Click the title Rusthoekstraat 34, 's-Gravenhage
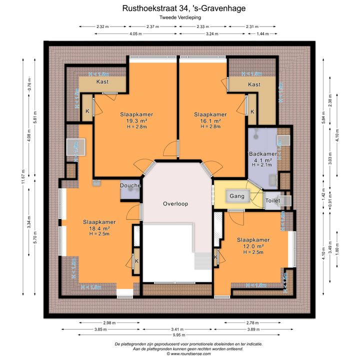point(179,8)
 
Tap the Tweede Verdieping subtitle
point(179,17)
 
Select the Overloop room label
point(175,204)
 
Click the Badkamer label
point(262,153)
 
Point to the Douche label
point(130,185)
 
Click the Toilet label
point(272,200)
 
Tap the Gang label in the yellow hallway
point(237,196)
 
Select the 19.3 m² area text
point(136,121)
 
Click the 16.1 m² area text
point(210,121)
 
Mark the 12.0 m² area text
point(253,246)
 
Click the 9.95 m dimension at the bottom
point(179,336)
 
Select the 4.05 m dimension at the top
point(135,33)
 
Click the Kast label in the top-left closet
point(102,81)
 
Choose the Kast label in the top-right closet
point(254,84)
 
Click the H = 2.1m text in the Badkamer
point(261,164)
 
